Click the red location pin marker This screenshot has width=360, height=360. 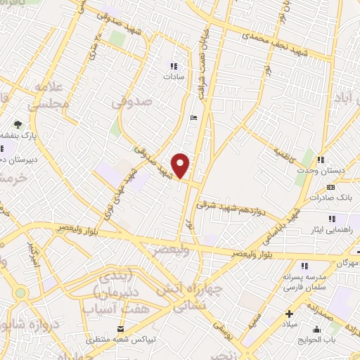181,165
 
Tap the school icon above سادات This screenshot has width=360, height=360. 173,66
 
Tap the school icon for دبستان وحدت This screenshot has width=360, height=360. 321,161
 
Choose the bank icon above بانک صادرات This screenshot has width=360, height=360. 330,187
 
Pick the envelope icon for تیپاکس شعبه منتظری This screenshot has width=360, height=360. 121,329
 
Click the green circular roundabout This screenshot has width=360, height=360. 19,292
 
